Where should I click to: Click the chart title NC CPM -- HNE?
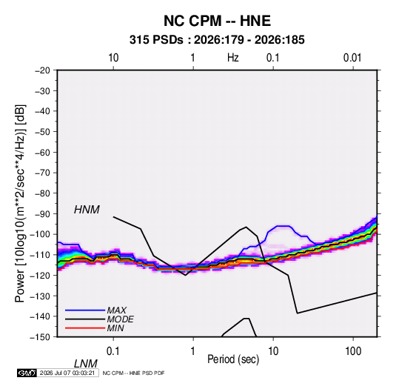[217, 21]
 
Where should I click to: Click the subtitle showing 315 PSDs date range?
[217, 40]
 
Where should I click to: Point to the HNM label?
[87, 210]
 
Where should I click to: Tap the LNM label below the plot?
[85, 364]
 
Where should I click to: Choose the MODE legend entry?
[99, 319]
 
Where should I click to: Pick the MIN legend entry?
[95, 328]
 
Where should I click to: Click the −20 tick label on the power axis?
[42, 70]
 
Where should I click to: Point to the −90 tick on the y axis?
[42, 214]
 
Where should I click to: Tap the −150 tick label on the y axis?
[40, 337]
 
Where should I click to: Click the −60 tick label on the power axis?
[42, 152]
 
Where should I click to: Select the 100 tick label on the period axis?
[353, 351]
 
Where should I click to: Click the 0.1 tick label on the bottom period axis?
[113, 351]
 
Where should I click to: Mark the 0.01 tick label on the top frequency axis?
[352, 58]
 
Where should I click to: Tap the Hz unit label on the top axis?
[233, 58]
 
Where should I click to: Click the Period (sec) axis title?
[233, 359]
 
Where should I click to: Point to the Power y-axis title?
[20, 204]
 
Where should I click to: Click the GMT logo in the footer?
[27, 373]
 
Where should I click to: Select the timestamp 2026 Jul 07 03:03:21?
[67, 373]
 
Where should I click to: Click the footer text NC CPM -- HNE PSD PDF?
[133, 373]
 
